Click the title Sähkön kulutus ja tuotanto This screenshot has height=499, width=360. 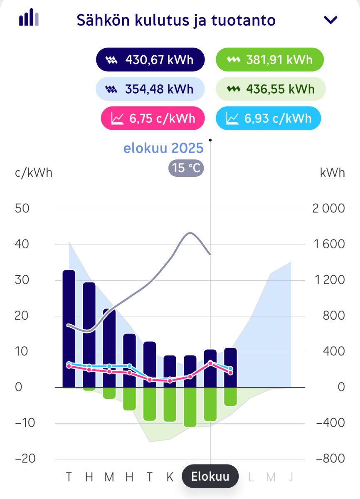pos(176,20)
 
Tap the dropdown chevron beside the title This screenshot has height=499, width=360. pos(331,20)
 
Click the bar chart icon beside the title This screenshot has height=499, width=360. pos(29,18)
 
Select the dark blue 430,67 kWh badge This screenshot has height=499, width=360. pos(150,60)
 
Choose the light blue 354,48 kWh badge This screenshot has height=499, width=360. pos(150,89)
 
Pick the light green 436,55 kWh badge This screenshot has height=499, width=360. pos(271,89)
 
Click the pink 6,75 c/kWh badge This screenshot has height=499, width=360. pos(153,119)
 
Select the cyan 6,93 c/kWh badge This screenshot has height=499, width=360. pos(269,119)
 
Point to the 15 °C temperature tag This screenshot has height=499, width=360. pos(186,169)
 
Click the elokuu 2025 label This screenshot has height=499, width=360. pos(163,148)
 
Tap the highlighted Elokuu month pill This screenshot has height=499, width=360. pos(210,476)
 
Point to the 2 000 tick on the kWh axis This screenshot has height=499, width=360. pos(328,208)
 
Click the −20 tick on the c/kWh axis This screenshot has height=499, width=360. pos(22,459)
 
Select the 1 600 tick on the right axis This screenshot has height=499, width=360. pos(328,244)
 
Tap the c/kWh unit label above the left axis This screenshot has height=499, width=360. pos(34,173)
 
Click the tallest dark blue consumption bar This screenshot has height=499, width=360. pos(69,329)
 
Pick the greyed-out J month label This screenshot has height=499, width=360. pos(291,477)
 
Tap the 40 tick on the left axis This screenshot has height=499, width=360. pos(22,244)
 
